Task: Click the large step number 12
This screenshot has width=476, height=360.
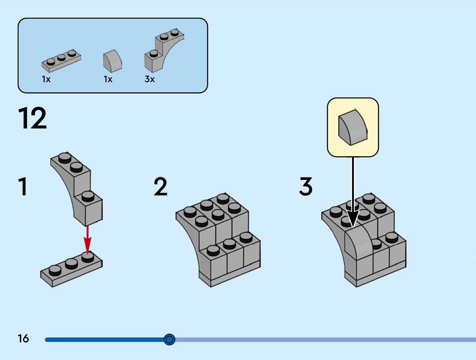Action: click(32, 118)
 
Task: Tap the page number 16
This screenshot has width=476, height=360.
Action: click(23, 338)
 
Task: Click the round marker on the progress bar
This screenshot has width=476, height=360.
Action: click(169, 339)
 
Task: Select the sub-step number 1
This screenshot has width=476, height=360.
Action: click(23, 186)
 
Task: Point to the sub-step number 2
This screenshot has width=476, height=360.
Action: click(160, 186)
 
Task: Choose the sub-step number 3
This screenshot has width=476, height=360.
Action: click(306, 186)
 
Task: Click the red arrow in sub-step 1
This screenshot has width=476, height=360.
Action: click(87, 239)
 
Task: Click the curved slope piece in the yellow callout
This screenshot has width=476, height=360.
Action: click(352, 127)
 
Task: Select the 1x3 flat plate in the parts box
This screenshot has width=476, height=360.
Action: click(61, 61)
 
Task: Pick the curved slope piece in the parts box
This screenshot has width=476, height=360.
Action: click(112, 61)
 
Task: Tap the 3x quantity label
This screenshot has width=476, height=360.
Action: click(150, 79)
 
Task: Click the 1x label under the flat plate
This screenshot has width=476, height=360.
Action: click(46, 79)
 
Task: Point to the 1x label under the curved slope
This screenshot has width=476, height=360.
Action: click(108, 79)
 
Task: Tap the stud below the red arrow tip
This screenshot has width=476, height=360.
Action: click(88, 257)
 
